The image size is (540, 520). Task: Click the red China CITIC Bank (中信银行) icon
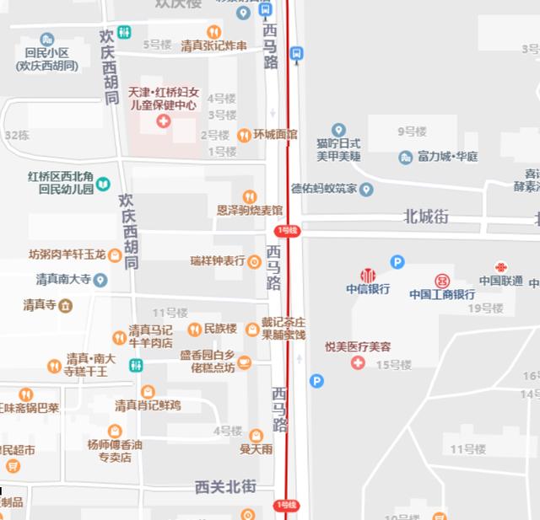pos(368,275)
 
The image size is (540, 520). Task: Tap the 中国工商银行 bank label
pos(442,294)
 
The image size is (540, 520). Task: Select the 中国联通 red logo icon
pos(501,267)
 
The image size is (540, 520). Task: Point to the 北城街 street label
pos(426,217)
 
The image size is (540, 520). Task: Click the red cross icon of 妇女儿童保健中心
pos(163,122)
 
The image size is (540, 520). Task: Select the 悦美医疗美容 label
pos(358,346)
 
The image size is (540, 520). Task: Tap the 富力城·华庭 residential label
pos(447,157)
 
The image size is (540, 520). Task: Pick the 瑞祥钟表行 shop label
pos(218,261)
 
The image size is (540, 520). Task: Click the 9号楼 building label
pos(412,131)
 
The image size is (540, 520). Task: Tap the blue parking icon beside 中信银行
pos(397,262)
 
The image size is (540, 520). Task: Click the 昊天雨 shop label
pos(256,449)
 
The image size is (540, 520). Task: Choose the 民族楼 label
pos(220,328)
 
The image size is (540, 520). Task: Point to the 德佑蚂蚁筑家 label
pos(324,189)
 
